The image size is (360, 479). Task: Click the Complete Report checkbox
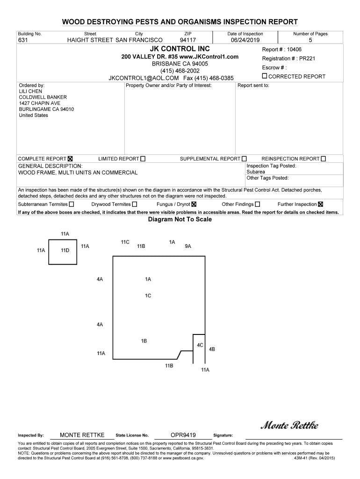(x=71, y=159)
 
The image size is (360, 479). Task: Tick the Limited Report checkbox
(x=143, y=159)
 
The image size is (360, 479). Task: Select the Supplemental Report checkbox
(x=244, y=159)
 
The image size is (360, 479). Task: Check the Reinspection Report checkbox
(x=324, y=159)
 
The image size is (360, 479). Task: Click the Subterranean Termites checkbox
(x=72, y=204)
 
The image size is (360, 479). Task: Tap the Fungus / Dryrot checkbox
(x=194, y=204)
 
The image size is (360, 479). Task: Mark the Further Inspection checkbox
(x=320, y=204)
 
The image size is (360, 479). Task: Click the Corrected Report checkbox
(x=265, y=76)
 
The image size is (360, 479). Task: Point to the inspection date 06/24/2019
(x=245, y=40)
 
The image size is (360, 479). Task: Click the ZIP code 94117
(x=188, y=40)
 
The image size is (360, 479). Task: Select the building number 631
(x=23, y=40)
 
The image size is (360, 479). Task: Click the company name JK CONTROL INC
(x=180, y=49)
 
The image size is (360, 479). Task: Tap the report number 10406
(x=294, y=50)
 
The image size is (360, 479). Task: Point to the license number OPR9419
(x=183, y=435)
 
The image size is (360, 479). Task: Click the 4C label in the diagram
(x=200, y=345)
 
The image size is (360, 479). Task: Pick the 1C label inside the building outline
(x=148, y=296)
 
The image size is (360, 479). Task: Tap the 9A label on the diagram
(x=188, y=246)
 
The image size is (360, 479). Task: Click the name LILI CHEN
(x=30, y=91)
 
